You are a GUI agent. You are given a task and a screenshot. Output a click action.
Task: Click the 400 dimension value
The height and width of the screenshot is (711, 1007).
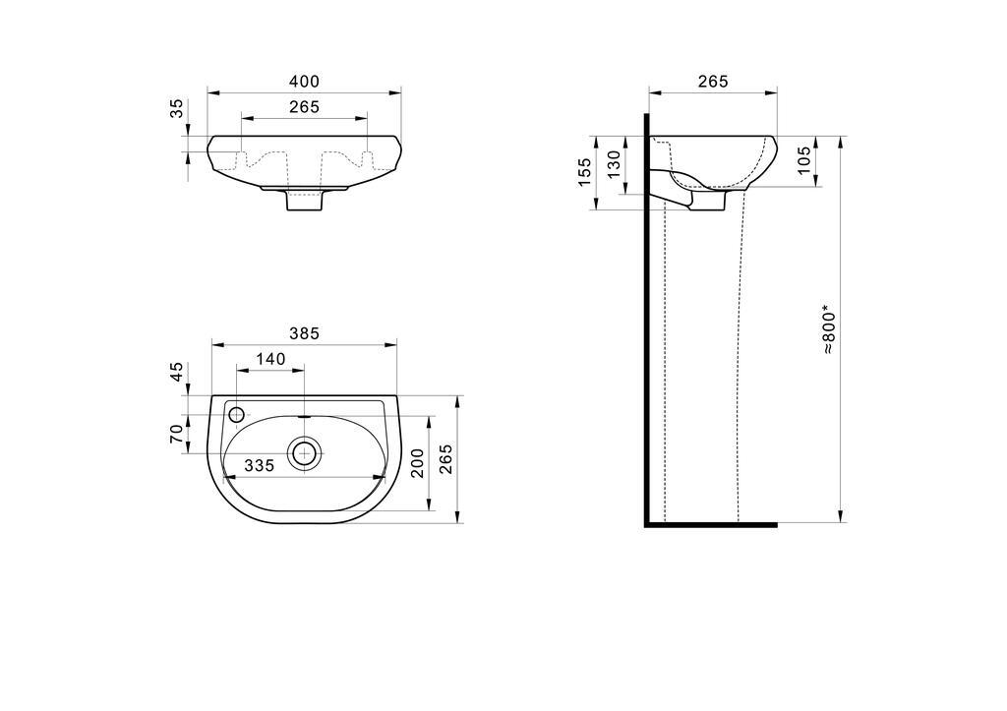coord(304,82)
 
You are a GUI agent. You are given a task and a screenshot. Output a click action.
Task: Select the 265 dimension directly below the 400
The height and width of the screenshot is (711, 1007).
coord(304,106)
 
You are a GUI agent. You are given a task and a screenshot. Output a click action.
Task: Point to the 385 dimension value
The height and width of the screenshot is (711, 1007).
coord(304,333)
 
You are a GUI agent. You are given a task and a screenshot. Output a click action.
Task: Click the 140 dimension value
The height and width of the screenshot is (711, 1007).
coord(270,359)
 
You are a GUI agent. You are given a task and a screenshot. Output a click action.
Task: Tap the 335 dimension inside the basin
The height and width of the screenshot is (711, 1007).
coord(259,465)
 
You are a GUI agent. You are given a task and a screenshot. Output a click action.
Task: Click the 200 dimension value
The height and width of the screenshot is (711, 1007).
coord(417,463)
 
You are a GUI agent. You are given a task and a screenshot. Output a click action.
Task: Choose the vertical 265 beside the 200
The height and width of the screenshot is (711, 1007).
coord(445,459)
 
